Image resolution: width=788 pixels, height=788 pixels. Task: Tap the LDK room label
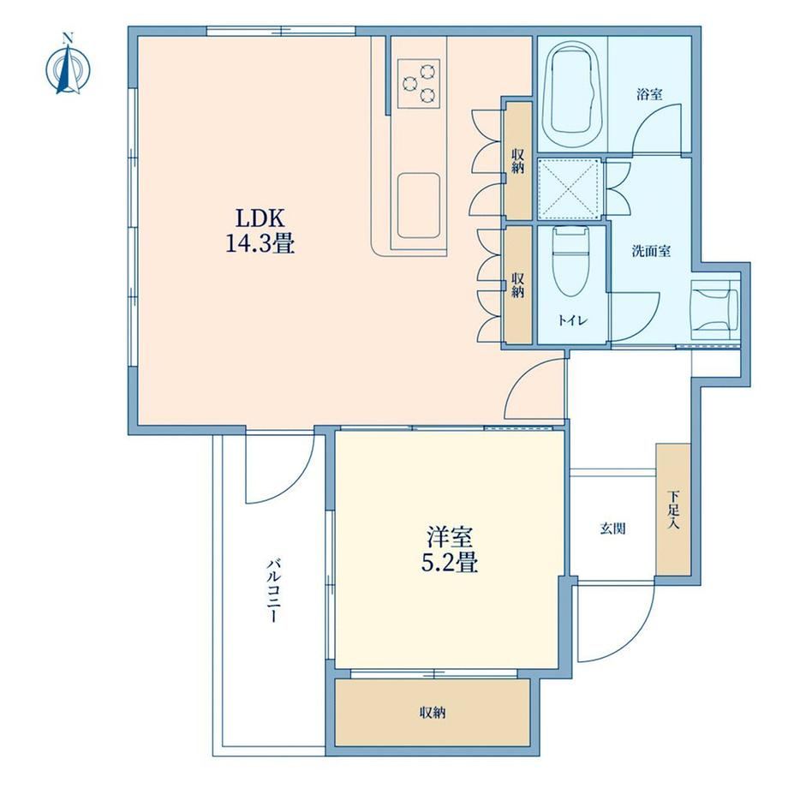pyautogui.click(x=261, y=218)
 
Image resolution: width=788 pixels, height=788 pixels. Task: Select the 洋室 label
pyautogui.click(x=450, y=537)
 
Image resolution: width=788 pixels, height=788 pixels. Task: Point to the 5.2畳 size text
pyautogui.click(x=450, y=563)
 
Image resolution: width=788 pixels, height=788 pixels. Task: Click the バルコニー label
pyautogui.click(x=273, y=589)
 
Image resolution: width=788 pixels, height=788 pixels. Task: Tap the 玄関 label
pyautogui.click(x=612, y=528)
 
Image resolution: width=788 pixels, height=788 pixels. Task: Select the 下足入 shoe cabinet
pyautogui.click(x=673, y=509)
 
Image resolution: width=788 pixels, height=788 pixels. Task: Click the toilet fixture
pyautogui.click(x=571, y=262)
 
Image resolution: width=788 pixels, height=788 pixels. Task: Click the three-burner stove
pyautogui.click(x=419, y=83)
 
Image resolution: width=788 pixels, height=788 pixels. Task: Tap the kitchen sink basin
pyautogui.click(x=419, y=206)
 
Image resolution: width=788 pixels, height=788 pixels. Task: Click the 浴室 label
pyautogui.click(x=649, y=94)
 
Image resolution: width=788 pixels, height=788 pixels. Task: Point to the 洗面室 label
pyautogui.click(x=651, y=251)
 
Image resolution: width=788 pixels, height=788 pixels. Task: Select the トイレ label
pyautogui.click(x=572, y=320)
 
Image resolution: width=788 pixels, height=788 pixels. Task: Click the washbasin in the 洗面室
pyautogui.click(x=715, y=310)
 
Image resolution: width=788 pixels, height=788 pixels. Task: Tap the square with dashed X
pyautogui.click(x=570, y=189)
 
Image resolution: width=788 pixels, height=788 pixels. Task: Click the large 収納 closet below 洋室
pyautogui.click(x=433, y=712)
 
